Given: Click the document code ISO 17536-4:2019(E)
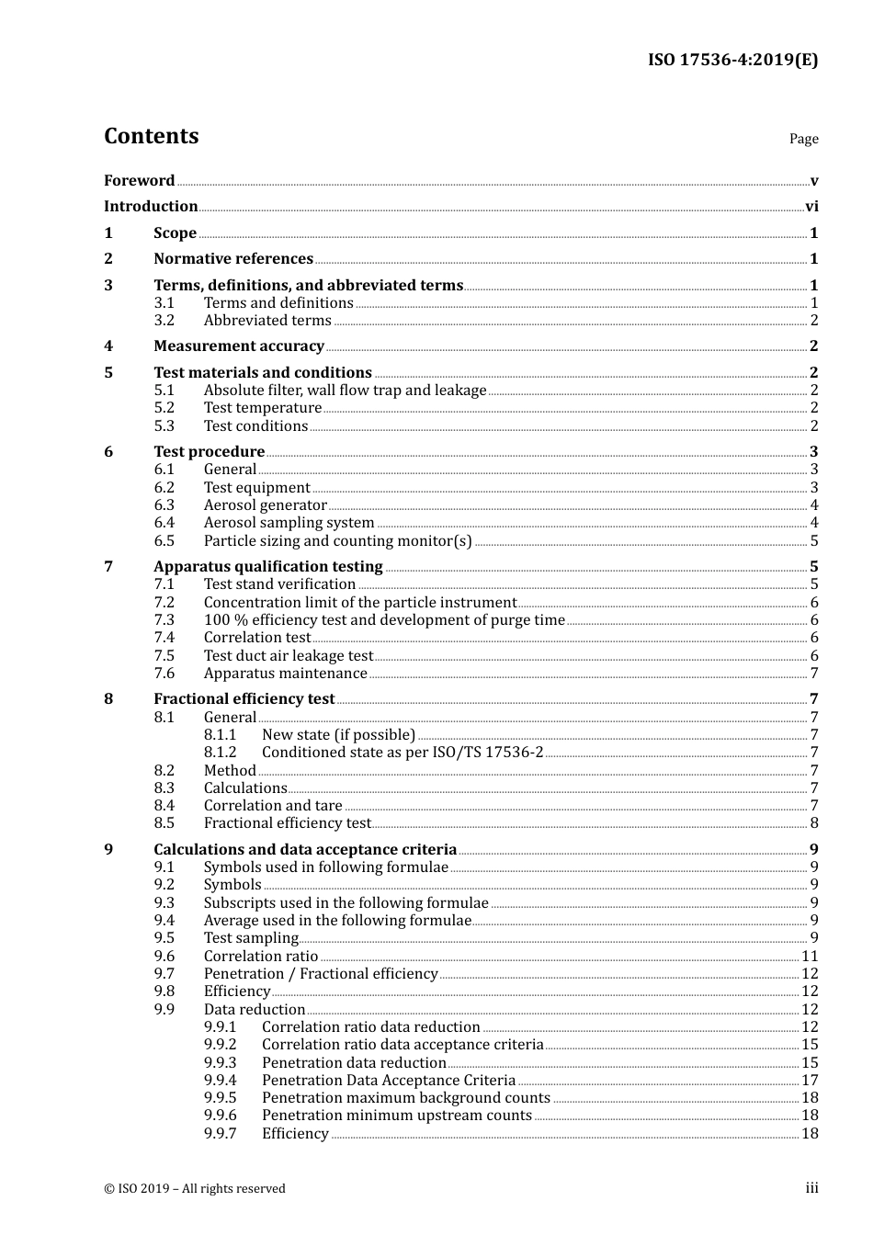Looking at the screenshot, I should pyautogui.click(x=732, y=60).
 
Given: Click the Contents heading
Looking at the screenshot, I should pyautogui.click(x=151, y=136).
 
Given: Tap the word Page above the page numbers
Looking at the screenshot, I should pyautogui.click(x=803, y=139).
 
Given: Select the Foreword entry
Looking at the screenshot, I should pyautogui.click(x=139, y=181).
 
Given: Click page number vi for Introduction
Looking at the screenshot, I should pyautogui.click(x=811, y=207).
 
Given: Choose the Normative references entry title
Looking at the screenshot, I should pyautogui.click(x=233, y=259).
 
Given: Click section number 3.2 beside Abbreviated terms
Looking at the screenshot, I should pyautogui.click(x=164, y=321).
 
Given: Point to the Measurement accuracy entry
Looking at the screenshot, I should pyautogui.click(x=239, y=346).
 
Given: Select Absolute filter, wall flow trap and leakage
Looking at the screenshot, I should pyautogui.click(x=345, y=391).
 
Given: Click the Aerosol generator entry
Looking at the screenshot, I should pyautogui.click(x=265, y=505).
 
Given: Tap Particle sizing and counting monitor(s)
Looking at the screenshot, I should pyautogui.click(x=337, y=541).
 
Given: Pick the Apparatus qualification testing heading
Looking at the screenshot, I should pyautogui.click(x=267, y=567).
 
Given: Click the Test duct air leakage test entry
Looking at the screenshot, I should pyautogui.click(x=288, y=656).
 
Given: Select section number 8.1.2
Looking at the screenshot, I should pyautogui.click(x=220, y=753).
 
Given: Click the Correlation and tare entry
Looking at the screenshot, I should pyautogui.click(x=272, y=806).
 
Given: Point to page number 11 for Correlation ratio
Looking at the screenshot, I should pyautogui.click(x=810, y=957).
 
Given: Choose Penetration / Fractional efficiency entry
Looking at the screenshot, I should pyautogui.click(x=320, y=974).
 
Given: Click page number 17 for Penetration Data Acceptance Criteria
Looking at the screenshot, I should pyautogui.click(x=810, y=1081).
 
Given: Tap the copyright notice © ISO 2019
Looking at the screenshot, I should pyautogui.click(x=194, y=1189).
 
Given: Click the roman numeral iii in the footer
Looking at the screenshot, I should pyautogui.click(x=811, y=1188).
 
